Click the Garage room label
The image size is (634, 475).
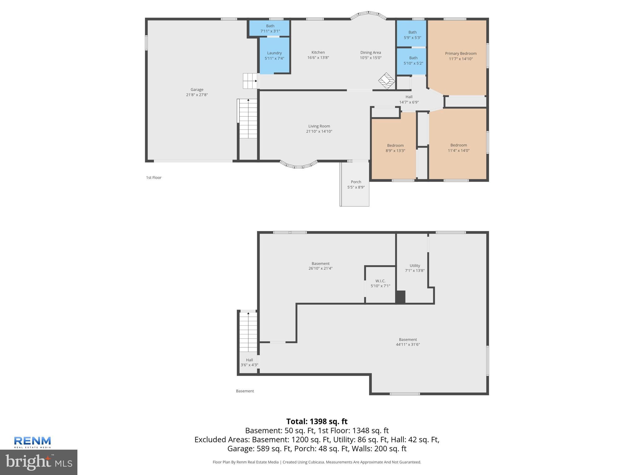[197, 90]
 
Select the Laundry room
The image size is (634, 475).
[274, 56]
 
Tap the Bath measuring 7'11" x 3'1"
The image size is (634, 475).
[270, 28]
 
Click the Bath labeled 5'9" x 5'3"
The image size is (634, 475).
[412, 35]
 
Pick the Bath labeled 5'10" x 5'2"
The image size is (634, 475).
[413, 60]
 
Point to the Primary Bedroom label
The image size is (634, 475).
[461, 53]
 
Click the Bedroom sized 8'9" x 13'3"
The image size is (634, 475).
[395, 148]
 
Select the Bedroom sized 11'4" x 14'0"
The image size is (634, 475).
[458, 148]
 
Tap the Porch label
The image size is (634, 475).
[356, 182]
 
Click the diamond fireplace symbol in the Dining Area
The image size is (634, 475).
[387, 81]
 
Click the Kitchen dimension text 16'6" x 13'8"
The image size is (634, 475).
[318, 58]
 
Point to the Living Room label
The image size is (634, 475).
[319, 126]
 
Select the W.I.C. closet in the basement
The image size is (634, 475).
[380, 283]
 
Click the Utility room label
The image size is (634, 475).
[415, 266]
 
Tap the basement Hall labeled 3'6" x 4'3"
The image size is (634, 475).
[250, 362]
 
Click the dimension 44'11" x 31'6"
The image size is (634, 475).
[408, 344]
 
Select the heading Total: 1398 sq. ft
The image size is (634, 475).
[317, 422]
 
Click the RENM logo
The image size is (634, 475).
[33, 442]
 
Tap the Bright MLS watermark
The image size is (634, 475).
[39, 462]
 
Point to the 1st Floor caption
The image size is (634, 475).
[154, 178]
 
